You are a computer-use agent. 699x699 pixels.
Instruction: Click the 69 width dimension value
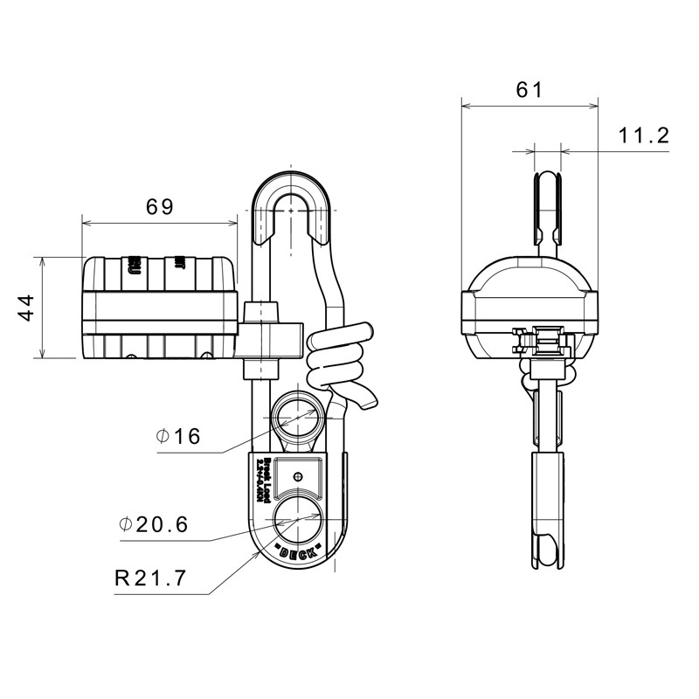pyautogui.click(x=159, y=207)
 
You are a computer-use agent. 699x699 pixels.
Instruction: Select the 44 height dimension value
pyautogui.click(x=26, y=308)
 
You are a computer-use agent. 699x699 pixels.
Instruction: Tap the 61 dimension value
pyautogui.click(x=529, y=89)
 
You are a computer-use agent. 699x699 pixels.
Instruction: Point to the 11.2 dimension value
pyautogui.click(x=643, y=135)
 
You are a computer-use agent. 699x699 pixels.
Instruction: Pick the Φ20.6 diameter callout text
pyautogui.click(x=153, y=524)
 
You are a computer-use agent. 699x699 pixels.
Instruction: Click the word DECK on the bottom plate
pyautogui.click(x=297, y=554)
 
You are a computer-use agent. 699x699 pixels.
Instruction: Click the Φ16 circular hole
pyautogui.click(x=298, y=419)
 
